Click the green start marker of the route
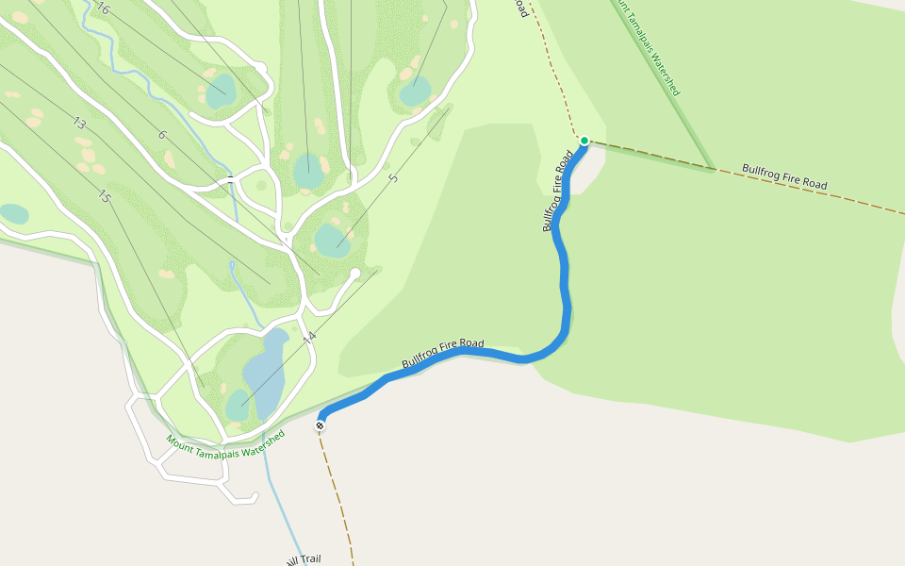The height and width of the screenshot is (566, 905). tap(584, 141)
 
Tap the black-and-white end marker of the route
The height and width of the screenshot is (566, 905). tap(321, 426)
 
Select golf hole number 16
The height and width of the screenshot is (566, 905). tap(103, 9)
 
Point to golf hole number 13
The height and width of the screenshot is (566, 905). tap(79, 124)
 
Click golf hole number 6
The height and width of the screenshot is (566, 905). tap(162, 135)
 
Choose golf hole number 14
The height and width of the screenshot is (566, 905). tap(309, 337)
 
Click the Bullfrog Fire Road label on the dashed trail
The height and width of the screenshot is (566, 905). tap(784, 177)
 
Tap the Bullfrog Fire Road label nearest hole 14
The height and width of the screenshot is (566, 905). tap(443, 354)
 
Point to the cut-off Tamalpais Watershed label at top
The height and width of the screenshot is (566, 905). tap(648, 46)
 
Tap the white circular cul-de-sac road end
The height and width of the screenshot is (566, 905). tap(355, 274)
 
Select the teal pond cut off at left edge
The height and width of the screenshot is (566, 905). tap(13, 214)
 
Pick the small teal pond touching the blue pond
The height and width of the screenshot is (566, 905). tap(237, 406)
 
